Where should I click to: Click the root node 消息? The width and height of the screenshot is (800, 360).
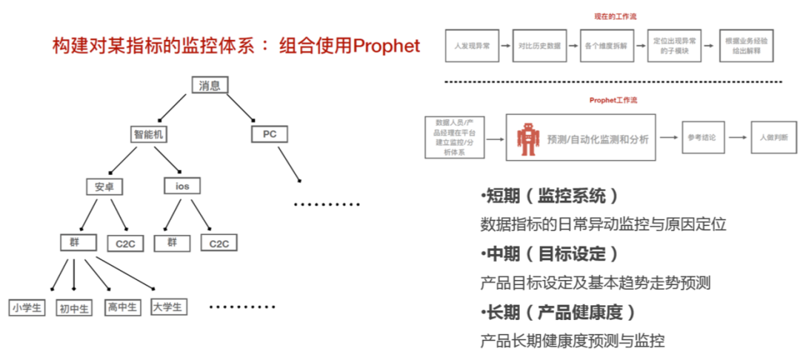tap(210, 85)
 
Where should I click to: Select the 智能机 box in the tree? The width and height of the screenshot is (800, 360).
tap(148, 134)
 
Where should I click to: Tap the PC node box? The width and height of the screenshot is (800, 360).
tap(268, 134)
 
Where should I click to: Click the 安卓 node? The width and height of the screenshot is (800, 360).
tap(104, 186)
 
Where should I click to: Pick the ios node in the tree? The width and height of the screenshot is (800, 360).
tap(181, 186)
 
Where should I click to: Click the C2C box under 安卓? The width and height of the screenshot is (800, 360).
tap(124, 243)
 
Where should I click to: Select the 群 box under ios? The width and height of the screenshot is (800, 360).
tap(172, 242)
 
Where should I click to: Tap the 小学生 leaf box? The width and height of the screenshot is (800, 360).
tap(27, 307)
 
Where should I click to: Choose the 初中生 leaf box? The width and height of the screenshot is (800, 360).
tap(74, 308)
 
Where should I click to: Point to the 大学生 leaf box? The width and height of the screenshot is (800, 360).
tap(168, 306)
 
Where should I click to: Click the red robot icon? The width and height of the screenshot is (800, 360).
tap(527, 139)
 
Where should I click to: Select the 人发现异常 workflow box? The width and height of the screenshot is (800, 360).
tap(470, 46)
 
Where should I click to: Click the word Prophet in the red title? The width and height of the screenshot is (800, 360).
tap(387, 46)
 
